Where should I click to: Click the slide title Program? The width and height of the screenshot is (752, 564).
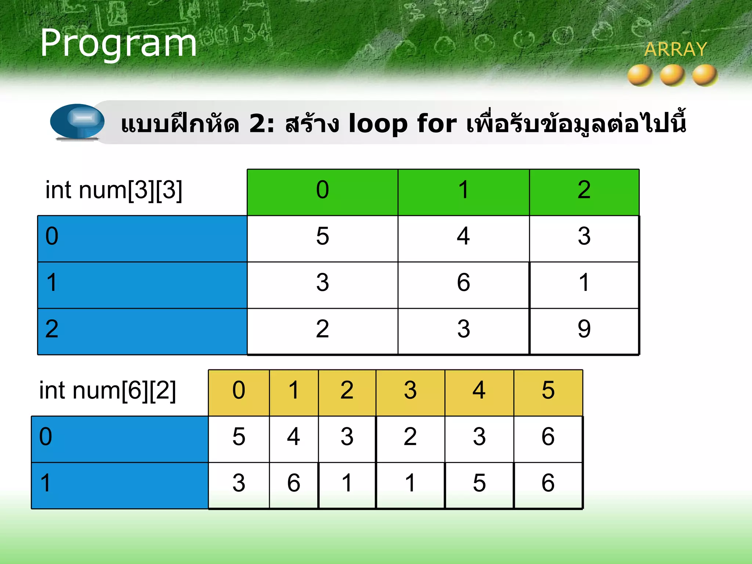click(x=118, y=43)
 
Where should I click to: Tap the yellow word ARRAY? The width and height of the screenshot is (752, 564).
click(x=676, y=49)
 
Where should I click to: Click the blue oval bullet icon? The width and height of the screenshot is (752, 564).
click(x=77, y=121)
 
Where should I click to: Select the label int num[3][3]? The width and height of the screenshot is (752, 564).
click(x=114, y=190)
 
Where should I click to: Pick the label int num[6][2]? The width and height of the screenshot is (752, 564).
click(x=108, y=390)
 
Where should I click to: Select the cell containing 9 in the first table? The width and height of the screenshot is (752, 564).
click(x=584, y=329)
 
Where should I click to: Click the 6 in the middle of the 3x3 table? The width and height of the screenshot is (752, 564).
click(x=463, y=283)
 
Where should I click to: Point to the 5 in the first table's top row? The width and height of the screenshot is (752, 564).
click(x=322, y=236)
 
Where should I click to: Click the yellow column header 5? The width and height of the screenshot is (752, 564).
click(x=548, y=391)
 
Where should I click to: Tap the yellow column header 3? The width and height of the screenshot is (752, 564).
click(x=410, y=391)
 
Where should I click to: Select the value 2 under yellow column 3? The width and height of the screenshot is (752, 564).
click(x=410, y=437)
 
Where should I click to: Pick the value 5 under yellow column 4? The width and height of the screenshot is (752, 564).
click(x=479, y=483)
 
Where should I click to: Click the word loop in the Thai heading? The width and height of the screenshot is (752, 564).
click(x=378, y=123)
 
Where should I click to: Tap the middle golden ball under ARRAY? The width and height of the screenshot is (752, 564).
click(x=672, y=75)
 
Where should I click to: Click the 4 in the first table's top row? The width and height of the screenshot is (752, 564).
click(x=463, y=236)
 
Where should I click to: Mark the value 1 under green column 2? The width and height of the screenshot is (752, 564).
click(x=584, y=283)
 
